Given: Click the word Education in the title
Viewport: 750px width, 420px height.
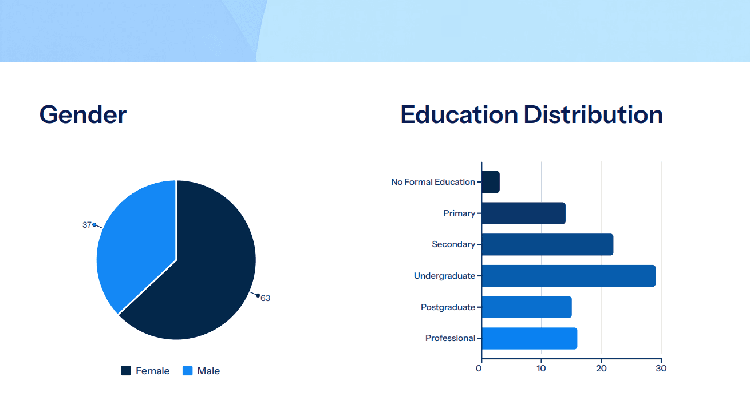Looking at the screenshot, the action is point(459,114).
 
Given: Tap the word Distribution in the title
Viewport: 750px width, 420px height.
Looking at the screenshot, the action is point(593,114).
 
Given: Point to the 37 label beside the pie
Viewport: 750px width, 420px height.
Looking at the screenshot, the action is point(86,225).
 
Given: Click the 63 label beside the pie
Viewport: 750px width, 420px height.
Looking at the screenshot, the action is point(265,298).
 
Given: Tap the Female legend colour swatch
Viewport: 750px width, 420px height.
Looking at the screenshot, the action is point(126,371).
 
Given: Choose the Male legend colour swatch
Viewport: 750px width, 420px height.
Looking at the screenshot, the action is point(188,371).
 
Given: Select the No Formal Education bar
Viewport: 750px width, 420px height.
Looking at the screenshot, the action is point(491,182).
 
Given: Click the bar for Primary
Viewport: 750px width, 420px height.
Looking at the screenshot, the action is point(524,213).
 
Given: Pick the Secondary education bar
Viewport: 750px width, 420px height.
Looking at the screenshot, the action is point(547,245).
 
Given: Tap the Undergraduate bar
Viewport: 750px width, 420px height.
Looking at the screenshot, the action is point(569,276).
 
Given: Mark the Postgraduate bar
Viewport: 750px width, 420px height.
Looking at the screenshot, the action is point(527,307).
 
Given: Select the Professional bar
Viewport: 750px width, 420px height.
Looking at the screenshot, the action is point(530,338).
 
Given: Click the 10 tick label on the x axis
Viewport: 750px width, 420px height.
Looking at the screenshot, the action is point(541,369).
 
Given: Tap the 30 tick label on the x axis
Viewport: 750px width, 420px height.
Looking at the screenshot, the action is point(661,369).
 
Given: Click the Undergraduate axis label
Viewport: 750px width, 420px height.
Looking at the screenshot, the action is point(445,276).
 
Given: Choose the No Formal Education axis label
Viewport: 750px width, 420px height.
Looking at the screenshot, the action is point(433,182).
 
